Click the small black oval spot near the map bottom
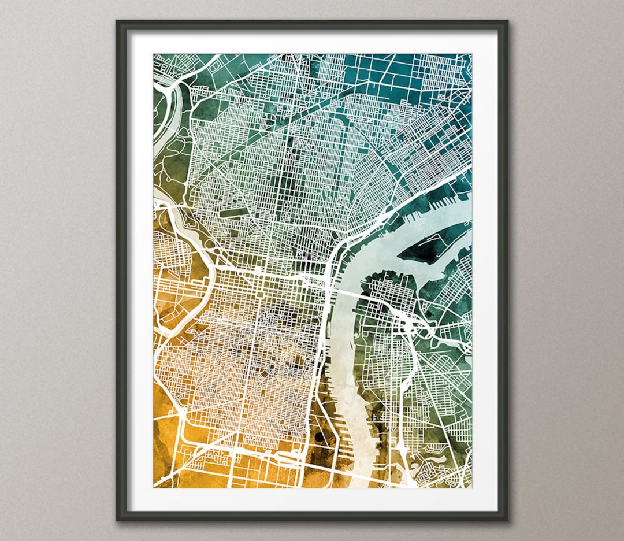(318, 435)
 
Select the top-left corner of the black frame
(118, 23)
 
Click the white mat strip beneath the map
(312, 499)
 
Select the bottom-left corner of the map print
(154, 487)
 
